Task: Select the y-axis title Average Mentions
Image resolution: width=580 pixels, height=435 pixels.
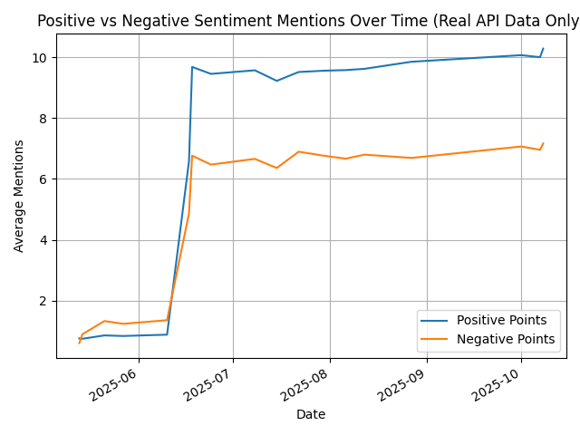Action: [19, 196]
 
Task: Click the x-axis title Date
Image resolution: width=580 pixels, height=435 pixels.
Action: [311, 414]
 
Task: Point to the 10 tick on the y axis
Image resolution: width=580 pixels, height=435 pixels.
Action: [40, 57]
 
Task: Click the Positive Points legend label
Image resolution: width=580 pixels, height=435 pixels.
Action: [501, 321]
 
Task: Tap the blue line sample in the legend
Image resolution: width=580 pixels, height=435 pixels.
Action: [436, 321]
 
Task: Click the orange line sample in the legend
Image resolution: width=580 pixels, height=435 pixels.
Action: [436, 340]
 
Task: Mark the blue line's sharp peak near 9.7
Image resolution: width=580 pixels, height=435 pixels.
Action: [192, 66]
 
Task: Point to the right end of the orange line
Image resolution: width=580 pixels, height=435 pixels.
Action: [543, 143]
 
